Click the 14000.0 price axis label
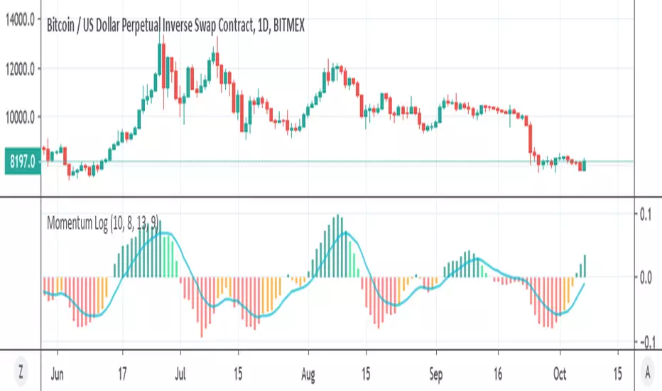point(20,22)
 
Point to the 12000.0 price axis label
point(20,69)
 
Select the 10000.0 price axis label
point(20,117)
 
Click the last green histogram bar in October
point(585,266)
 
